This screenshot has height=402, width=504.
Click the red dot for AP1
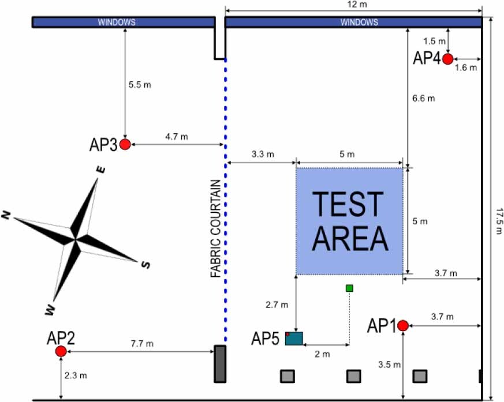[x=403, y=325]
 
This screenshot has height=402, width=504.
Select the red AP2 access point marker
[x=61, y=351]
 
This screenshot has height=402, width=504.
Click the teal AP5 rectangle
[x=294, y=338]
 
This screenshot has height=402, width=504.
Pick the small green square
[x=349, y=288]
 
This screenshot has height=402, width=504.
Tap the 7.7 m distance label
[x=142, y=344]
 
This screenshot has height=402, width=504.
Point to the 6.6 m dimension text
[x=424, y=98]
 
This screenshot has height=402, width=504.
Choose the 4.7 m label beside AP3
[x=177, y=137]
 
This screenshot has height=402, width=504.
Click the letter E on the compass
[x=100, y=170]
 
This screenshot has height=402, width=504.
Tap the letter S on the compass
[x=146, y=265]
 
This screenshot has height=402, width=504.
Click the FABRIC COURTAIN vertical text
[x=215, y=229]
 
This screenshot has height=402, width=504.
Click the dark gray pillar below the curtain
[x=219, y=363]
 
